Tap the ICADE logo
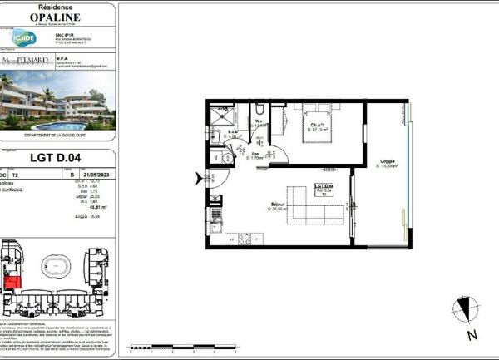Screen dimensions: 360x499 click(22, 37)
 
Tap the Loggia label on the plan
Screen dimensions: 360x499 click(387, 162)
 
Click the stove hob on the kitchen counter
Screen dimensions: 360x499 click(245, 239)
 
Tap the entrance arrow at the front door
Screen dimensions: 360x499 click(199, 177)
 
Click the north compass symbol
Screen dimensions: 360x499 click(466, 310)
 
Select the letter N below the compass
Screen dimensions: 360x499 click(472, 336)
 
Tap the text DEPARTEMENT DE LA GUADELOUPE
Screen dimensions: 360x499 click(57, 138)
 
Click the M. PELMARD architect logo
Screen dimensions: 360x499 click(26, 62)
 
